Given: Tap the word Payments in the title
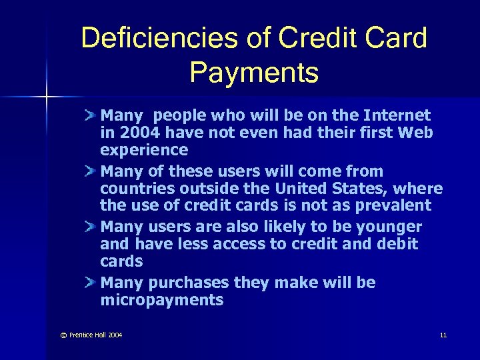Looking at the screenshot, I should pyautogui.click(x=254, y=72).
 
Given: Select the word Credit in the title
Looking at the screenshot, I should pyautogui.click(x=311, y=39).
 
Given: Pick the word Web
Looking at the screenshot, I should pyautogui.click(x=417, y=133).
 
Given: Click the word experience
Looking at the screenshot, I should pyautogui.click(x=144, y=150).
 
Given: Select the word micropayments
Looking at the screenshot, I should pyautogui.click(x=161, y=300).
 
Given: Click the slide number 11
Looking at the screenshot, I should pyautogui.click(x=443, y=335).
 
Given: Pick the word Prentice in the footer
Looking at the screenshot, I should pyautogui.click(x=83, y=335).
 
